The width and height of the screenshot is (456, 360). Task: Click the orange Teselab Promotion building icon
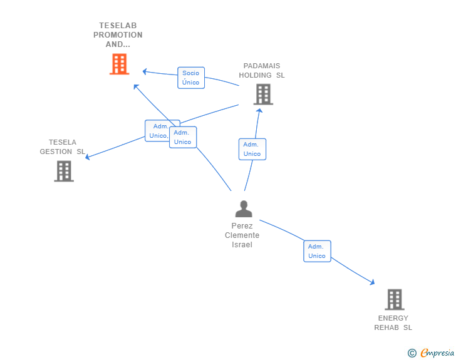point(119,64)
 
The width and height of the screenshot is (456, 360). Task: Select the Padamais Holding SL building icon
point(263,94)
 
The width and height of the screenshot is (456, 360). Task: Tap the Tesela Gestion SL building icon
point(64,170)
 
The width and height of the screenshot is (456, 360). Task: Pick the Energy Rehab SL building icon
point(394,299)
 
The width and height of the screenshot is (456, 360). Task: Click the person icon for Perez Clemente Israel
point(243,209)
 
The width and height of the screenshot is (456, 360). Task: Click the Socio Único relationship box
point(191,78)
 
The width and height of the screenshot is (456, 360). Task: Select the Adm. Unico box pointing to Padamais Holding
point(252,149)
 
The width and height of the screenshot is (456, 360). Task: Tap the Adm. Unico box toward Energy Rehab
point(317,251)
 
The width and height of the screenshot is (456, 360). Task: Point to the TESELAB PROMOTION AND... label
point(118,35)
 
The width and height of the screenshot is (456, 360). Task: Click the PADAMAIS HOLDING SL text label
point(261,70)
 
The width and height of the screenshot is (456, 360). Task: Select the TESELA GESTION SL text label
point(63,147)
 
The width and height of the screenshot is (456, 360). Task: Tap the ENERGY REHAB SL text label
point(393,322)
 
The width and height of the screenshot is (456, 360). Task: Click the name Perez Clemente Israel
point(242,235)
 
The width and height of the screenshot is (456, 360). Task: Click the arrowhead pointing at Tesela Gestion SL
point(88,157)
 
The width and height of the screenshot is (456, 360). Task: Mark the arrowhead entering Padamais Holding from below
point(259,111)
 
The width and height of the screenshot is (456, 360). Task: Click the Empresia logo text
point(437,353)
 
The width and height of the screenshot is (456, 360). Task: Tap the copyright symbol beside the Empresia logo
point(412,353)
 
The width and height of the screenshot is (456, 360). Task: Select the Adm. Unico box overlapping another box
point(183,137)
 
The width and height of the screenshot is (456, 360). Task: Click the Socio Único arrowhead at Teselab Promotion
point(145,71)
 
